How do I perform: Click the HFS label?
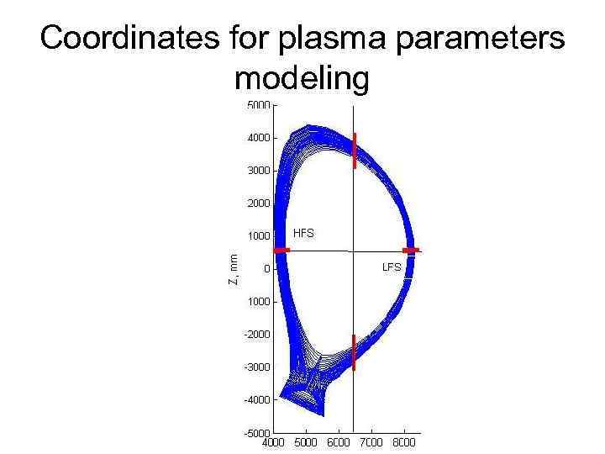click(x=303, y=233)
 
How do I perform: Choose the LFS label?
click(x=392, y=267)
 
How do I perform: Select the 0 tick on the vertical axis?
click(x=266, y=269)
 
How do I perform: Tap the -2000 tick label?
click(x=257, y=334)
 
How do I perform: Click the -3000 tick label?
click(x=257, y=367)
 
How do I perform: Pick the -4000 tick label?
click(x=257, y=399)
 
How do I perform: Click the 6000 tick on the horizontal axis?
click(x=339, y=441)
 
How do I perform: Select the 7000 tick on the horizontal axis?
click(x=371, y=441)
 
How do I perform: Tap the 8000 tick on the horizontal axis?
click(x=404, y=441)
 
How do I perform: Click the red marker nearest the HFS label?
click(x=281, y=250)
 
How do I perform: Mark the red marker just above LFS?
click(x=411, y=250)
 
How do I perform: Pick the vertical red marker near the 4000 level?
click(x=355, y=150)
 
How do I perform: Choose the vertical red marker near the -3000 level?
click(x=354, y=352)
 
